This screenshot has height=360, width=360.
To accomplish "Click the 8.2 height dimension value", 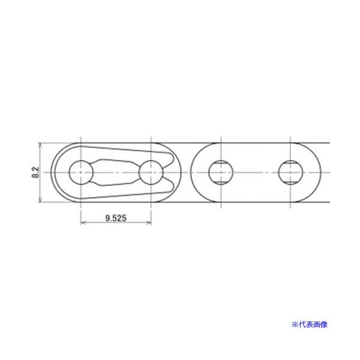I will tap(35, 173).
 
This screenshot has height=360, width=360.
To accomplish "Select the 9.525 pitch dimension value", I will tap(115, 219).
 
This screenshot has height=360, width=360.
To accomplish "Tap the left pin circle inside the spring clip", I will tap(80, 173).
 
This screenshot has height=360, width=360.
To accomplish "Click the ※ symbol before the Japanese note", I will tap(295, 324).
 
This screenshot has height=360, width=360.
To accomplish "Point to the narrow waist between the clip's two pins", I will tap(115, 173).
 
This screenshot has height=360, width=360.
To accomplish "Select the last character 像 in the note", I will tap(326, 324).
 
